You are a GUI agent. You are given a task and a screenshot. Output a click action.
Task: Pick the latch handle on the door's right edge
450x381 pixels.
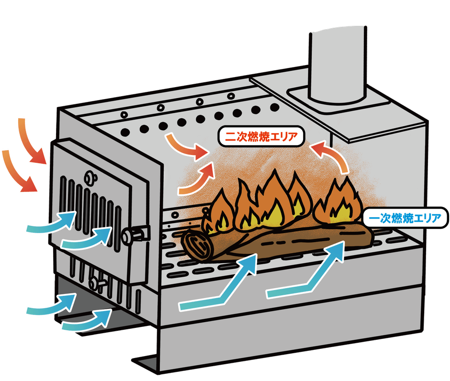[x=136, y=235]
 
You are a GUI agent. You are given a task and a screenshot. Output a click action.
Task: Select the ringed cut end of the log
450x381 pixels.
[x=196, y=244]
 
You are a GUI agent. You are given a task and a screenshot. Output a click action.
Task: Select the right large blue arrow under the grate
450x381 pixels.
[x=306, y=278]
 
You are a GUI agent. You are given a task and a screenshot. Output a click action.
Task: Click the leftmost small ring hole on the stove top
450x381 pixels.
[x=124, y=115]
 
